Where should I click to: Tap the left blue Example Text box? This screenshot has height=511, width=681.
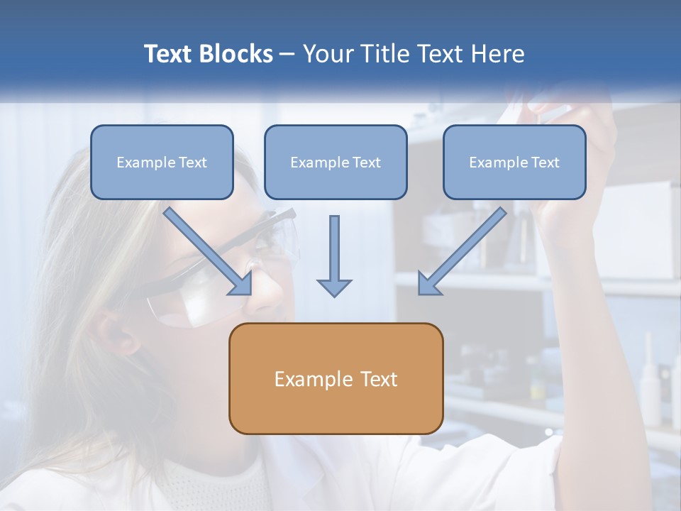[162, 163]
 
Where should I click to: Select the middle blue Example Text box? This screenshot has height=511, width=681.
[336, 163]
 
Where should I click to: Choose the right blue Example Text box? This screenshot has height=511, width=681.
[514, 163]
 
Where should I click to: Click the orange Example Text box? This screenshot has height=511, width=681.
[336, 379]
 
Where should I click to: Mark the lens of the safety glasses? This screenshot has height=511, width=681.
[188, 302]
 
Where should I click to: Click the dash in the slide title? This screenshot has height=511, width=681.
[287, 55]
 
